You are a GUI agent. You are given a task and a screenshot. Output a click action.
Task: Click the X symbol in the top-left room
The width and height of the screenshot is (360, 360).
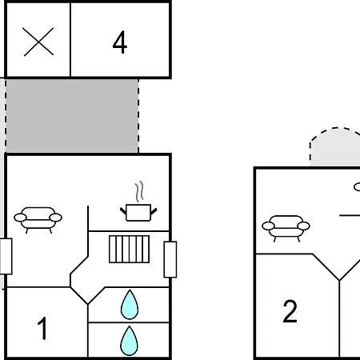pos(38,42)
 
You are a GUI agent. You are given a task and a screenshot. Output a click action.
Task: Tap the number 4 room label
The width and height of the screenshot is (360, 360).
pos(120,42)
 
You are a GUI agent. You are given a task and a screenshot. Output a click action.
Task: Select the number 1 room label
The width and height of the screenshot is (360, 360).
pos(42,328)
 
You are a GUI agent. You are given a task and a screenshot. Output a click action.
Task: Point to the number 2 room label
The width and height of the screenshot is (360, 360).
pos(290,311)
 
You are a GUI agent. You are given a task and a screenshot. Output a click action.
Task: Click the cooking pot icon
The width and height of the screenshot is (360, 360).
pos(138,213)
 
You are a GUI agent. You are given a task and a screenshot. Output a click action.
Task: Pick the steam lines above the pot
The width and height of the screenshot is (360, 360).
pos(139,191)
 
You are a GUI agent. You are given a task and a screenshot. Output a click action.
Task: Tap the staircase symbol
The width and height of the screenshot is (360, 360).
pos(129,249)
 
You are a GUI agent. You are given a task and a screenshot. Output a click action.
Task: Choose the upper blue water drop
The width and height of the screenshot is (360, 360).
pos(130,305)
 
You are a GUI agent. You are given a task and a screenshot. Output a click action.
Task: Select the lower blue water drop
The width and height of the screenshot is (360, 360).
pos(130,341)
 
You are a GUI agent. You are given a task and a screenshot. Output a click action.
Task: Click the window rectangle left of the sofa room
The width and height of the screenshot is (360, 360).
pos(6,256)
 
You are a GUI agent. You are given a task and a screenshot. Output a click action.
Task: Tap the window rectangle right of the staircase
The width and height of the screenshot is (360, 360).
pos(170,259)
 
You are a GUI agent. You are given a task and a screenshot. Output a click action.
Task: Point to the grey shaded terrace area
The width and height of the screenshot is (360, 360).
pos(72,116)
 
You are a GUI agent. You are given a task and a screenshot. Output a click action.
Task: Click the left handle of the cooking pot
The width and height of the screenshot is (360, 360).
pos(123,211)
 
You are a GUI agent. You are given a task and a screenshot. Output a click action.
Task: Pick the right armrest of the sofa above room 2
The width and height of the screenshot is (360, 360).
pos(304,226)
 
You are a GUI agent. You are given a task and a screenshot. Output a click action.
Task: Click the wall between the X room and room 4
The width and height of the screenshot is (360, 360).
pos(70,40)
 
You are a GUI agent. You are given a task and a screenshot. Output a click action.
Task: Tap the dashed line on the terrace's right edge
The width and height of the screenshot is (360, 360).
pos(138,116)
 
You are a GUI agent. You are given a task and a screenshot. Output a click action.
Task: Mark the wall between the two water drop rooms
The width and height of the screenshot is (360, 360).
pos(129,322)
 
